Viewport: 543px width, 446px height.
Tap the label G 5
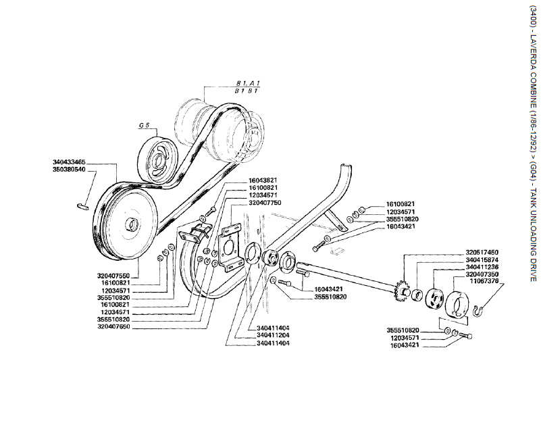(x=143, y=125)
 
